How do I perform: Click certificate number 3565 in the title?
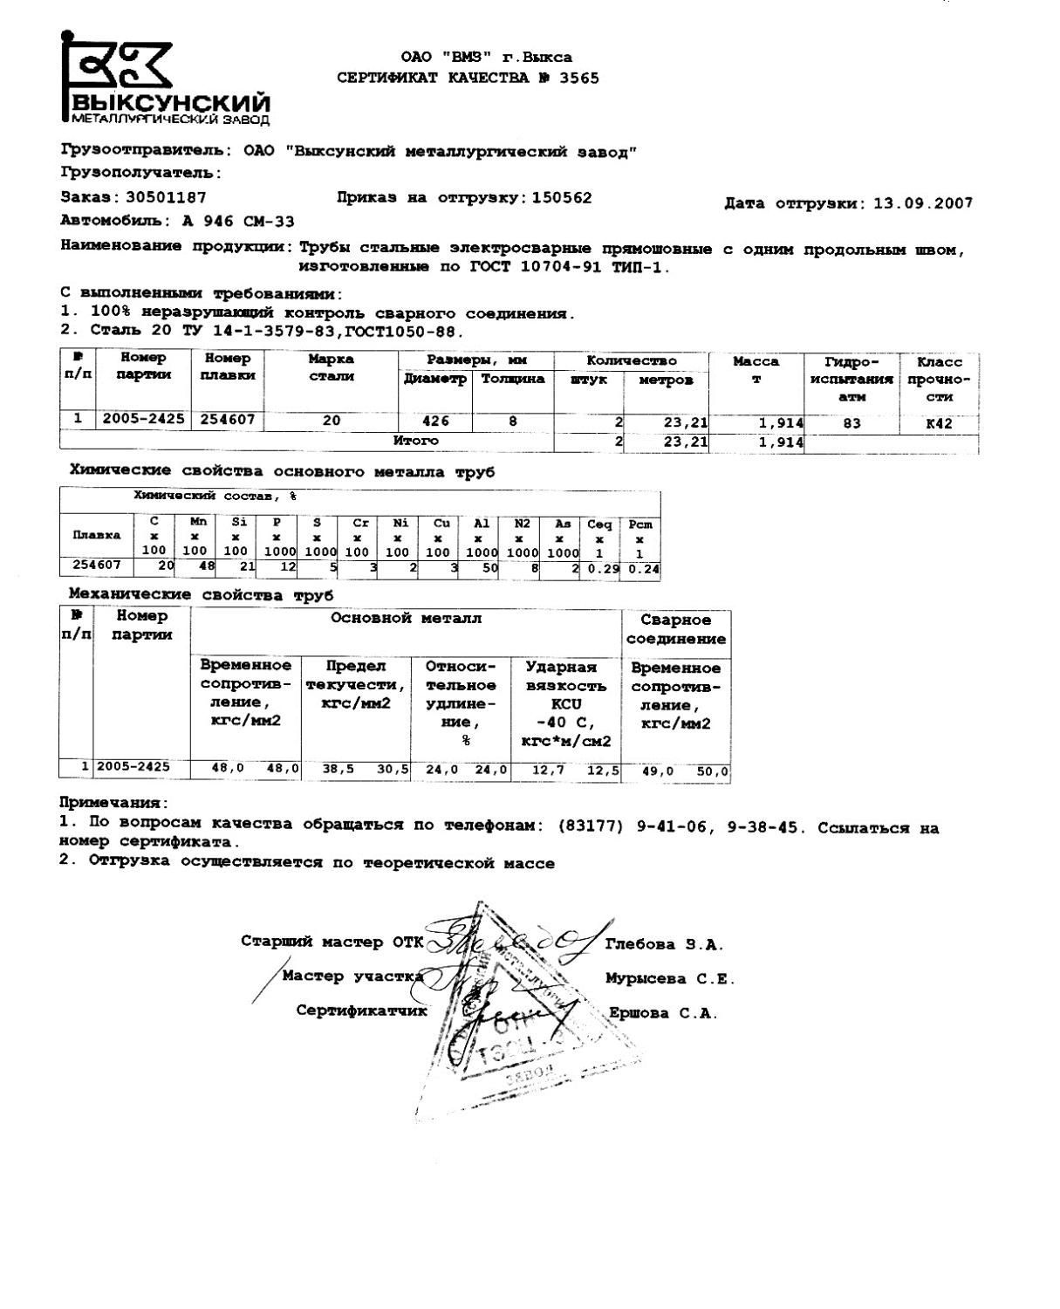coord(578,78)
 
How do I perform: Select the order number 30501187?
coord(166,197)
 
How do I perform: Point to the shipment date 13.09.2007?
coord(922,203)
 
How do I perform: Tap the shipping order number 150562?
coord(561,197)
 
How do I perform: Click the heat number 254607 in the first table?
coord(228,420)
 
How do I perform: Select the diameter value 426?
coord(435,421)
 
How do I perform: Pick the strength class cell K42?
coord(939,423)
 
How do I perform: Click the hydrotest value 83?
coord(851,423)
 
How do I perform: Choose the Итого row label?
coord(415,441)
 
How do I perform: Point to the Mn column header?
coord(198,522)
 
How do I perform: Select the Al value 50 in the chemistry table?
coord(489,568)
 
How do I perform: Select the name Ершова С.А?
coord(662,1013)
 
